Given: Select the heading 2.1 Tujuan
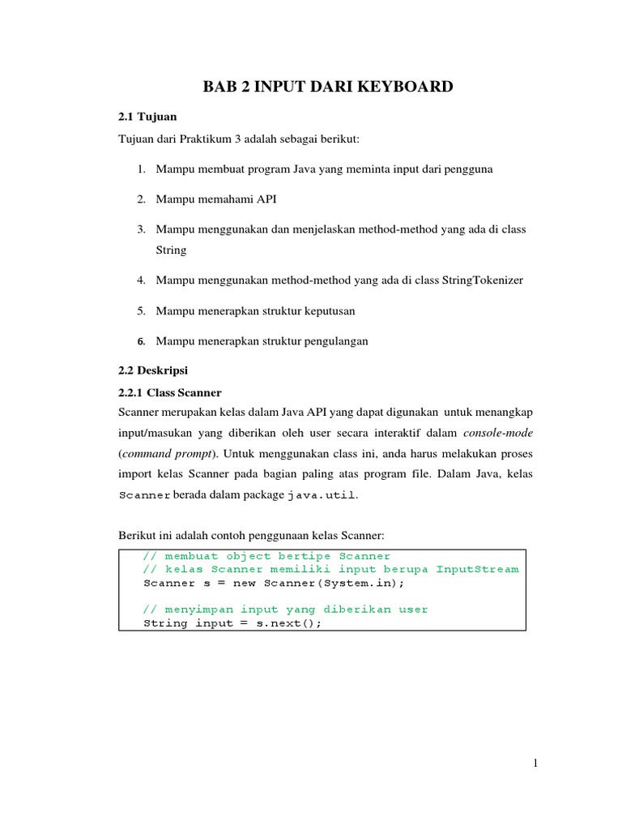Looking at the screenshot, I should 147,117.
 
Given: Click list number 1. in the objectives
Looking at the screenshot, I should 140,169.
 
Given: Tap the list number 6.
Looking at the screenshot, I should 140,341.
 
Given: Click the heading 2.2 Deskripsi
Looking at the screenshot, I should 153,370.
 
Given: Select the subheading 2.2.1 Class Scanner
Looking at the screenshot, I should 170,392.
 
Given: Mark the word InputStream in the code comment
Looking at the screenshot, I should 477,569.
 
